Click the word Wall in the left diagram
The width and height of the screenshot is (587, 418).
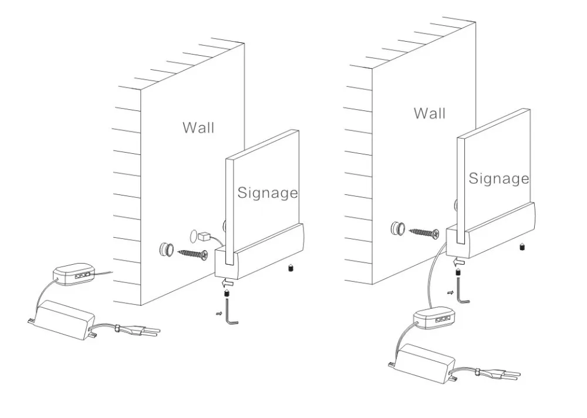198,128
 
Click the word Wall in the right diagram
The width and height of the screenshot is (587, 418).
430,113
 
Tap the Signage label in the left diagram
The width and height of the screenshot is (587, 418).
268,193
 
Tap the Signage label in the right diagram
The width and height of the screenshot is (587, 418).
499,179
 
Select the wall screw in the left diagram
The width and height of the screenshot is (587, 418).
193,254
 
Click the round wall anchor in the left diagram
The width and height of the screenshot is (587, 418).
167,250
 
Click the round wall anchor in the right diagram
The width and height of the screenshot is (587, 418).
398,228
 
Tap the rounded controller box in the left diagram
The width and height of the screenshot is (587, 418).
74,275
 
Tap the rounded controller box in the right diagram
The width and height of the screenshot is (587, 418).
434,318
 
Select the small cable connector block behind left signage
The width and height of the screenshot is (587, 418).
204,237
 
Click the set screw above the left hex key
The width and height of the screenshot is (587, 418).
227,294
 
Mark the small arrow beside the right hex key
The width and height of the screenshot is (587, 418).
451,292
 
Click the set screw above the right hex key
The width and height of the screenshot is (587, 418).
458,271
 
